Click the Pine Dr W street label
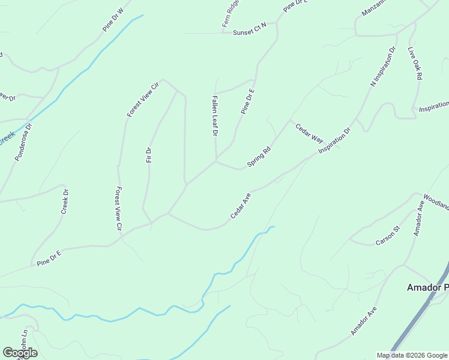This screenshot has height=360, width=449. click(112, 19)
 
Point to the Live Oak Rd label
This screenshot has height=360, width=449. click(415, 64)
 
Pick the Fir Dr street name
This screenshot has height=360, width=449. click(149, 155)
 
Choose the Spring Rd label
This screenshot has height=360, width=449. click(259, 158)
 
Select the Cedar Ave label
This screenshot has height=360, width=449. click(240, 206)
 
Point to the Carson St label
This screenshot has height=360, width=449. click(387, 236)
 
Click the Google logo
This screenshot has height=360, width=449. click(20, 353)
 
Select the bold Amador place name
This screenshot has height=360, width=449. click(427, 288)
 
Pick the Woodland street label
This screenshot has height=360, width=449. click(436, 201)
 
